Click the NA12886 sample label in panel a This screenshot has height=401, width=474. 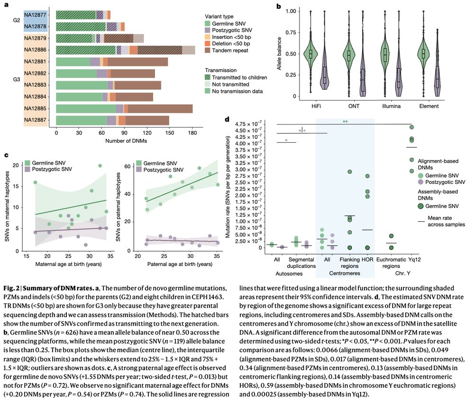(36, 49)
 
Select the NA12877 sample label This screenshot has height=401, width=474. (36, 14)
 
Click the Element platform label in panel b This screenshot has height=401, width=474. (429, 106)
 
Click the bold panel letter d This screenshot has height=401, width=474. (229, 120)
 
